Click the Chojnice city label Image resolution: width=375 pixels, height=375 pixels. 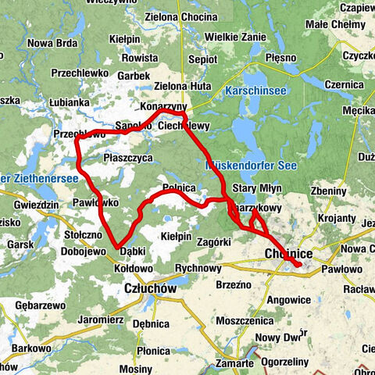289,255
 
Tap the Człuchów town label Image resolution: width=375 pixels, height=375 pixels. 149,288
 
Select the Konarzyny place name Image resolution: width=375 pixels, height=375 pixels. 162,105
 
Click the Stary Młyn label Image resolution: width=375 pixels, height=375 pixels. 255,189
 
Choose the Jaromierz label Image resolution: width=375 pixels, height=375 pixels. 101,320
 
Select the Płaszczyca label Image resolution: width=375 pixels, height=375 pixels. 127,157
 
